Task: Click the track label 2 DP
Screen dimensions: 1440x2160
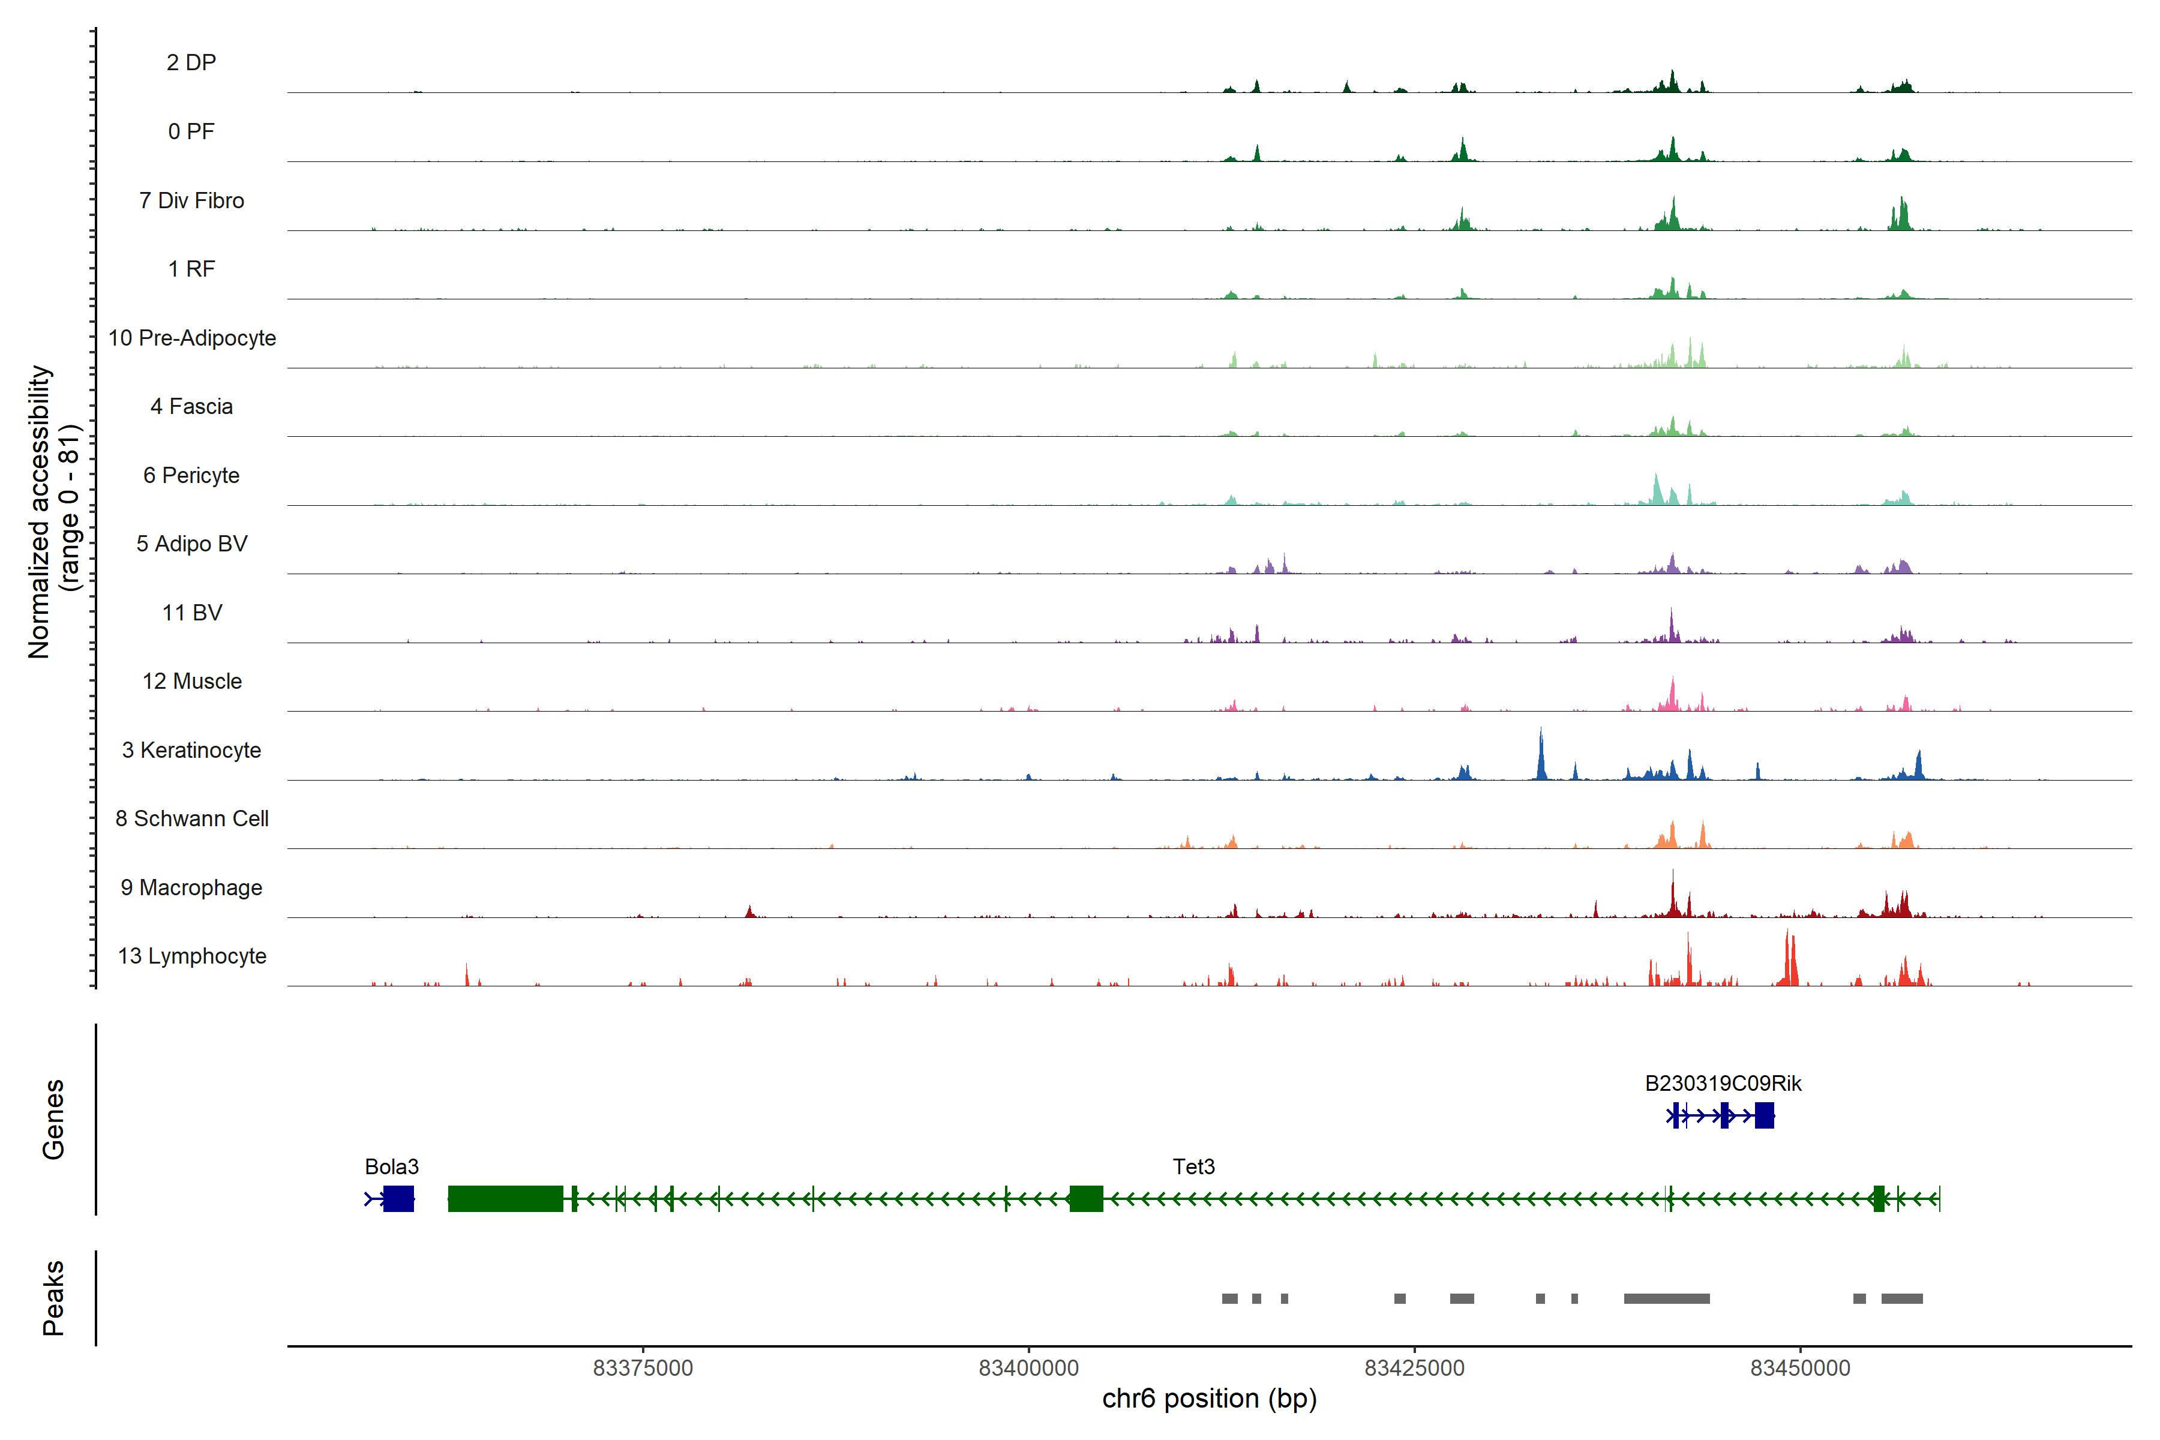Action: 191,62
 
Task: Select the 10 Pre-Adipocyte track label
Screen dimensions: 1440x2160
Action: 192,338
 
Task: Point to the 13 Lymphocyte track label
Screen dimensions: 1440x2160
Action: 192,956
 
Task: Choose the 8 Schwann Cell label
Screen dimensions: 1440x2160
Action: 192,818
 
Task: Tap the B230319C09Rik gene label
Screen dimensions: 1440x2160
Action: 1723,1084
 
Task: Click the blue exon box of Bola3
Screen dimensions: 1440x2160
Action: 398,1198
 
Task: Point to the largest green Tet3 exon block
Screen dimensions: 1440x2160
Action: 505,1198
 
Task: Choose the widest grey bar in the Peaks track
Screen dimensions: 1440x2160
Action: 1666,1298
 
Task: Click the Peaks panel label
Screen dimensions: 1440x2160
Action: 53,1298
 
